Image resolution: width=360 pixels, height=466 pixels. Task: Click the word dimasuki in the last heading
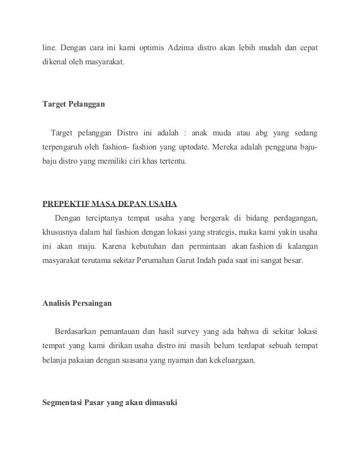click(160, 402)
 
